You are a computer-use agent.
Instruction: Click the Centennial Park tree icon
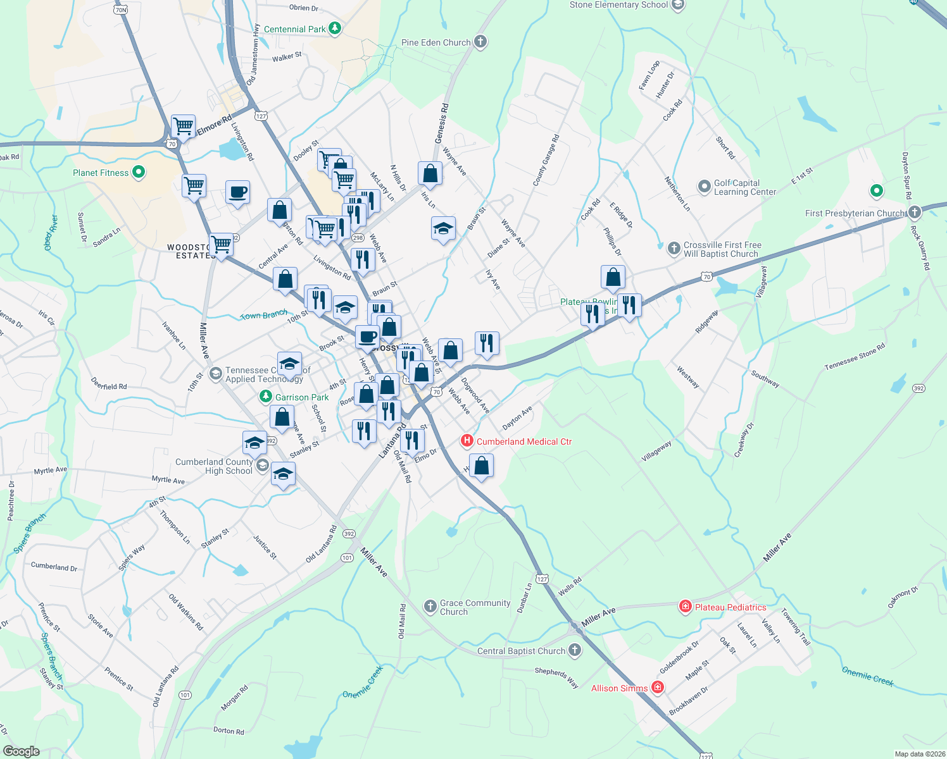pos(336,28)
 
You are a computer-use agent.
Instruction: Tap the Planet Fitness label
pos(101,173)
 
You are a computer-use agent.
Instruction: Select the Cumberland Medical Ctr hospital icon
pos(467,441)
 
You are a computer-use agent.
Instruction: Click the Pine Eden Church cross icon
pos(480,42)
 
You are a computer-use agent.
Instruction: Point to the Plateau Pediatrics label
pos(731,607)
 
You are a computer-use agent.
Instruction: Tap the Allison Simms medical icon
pos(658,688)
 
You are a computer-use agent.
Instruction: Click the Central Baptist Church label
pos(521,651)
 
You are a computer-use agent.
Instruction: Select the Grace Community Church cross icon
pos(430,607)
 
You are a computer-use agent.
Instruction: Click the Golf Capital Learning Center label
pos(745,187)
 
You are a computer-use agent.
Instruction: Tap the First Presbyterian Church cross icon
pos(914,213)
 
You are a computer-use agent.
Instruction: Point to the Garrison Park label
pos(302,397)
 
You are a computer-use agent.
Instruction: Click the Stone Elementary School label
pos(618,5)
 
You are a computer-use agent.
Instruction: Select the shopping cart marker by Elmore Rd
pos(183,126)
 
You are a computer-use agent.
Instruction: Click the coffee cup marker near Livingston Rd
pos(237,192)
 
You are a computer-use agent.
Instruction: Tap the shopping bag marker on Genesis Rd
pos(430,173)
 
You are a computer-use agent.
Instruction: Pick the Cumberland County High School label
pos(214,466)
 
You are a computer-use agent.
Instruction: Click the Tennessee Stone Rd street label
pos(855,357)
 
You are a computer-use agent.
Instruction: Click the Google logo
pos(22,751)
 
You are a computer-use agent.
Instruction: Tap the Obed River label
pos(51,233)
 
